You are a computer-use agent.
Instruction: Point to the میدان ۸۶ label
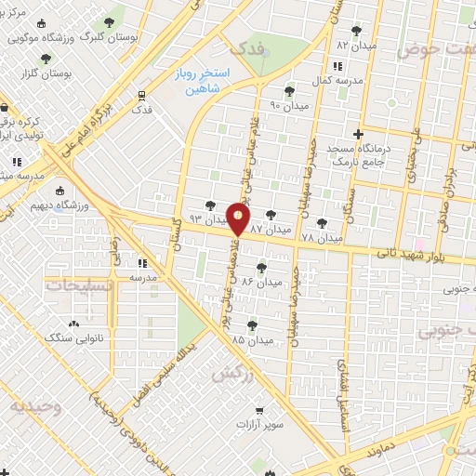point(260,280)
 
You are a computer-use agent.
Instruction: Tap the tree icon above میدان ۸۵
point(252,325)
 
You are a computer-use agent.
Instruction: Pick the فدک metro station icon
point(141,95)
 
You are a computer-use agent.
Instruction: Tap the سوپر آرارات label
point(259,425)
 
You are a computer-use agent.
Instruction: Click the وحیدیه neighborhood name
point(35,406)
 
